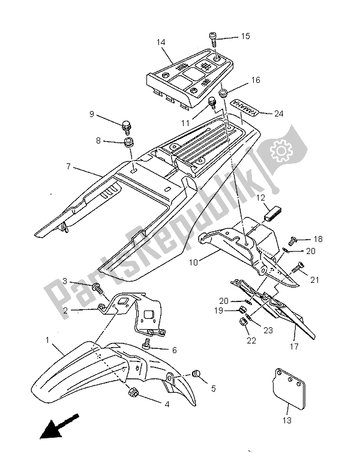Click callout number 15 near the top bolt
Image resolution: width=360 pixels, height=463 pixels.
(x=245, y=37)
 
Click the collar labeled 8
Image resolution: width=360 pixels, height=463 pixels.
(x=127, y=144)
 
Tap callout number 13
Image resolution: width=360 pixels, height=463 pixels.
(x=287, y=421)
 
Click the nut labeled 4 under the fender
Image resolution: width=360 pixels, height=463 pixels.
(x=133, y=393)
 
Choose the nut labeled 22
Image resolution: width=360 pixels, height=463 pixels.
(x=244, y=324)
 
